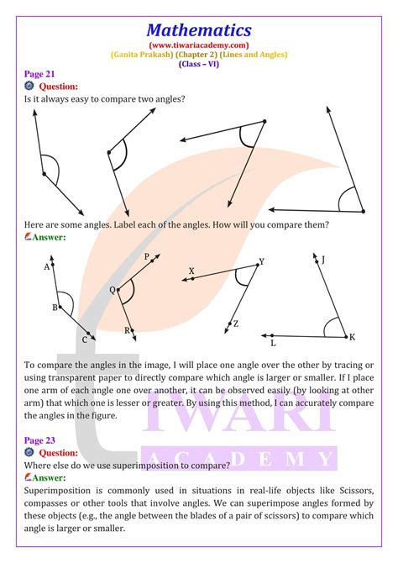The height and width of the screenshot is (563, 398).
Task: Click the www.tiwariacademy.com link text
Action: click(199, 45)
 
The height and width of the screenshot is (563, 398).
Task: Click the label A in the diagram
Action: click(46, 266)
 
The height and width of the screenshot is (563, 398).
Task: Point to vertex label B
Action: click(55, 308)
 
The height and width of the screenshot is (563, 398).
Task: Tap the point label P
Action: click(146, 256)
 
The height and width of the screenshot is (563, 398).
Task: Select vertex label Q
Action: click(112, 290)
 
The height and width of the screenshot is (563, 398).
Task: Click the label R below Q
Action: click(127, 330)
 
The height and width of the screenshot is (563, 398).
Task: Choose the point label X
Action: click(191, 271)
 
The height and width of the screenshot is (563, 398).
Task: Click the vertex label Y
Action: click(261, 261)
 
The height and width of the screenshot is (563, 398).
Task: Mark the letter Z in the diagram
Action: click(236, 324)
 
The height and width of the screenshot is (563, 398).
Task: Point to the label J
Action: click(323, 260)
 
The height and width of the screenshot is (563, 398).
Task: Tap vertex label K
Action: click(352, 336)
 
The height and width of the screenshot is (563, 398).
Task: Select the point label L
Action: click(273, 342)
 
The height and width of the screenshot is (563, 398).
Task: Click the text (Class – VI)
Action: click(199, 64)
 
